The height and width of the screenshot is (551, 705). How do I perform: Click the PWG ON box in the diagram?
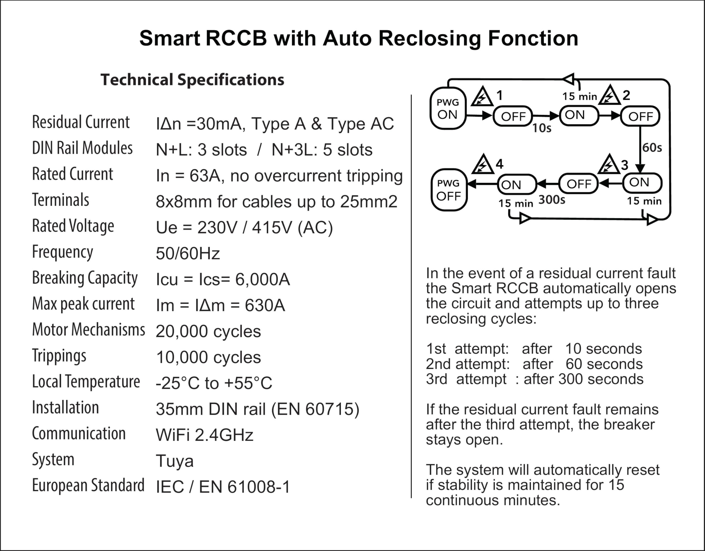pyautogui.click(x=448, y=108)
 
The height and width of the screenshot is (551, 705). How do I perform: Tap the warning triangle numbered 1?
pyautogui.click(x=482, y=96)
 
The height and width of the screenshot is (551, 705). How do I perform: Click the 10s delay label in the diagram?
pyautogui.click(x=542, y=128)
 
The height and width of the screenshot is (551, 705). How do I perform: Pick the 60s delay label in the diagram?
pyautogui.click(x=652, y=148)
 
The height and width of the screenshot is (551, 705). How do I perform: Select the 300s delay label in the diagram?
pyautogui.click(x=552, y=200)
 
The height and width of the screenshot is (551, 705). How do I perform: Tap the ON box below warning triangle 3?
pyautogui.click(x=642, y=183)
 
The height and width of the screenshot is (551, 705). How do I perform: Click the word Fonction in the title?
pyautogui.click(x=533, y=38)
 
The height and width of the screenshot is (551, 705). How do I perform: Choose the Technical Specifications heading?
pyautogui.click(x=192, y=80)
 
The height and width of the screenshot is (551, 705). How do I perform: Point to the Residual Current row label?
pyautogui.click(x=81, y=122)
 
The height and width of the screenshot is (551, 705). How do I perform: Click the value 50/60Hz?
pyautogui.click(x=188, y=253)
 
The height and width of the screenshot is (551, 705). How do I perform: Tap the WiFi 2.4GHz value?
pyautogui.click(x=205, y=435)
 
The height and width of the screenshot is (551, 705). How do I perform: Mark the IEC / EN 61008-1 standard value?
pyautogui.click(x=223, y=487)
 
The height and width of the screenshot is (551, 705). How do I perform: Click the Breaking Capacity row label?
pyautogui.click(x=85, y=278)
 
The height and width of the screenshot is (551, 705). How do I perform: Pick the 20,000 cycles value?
pyautogui.click(x=208, y=331)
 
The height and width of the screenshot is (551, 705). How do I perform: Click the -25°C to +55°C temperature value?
pyautogui.click(x=214, y=383)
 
